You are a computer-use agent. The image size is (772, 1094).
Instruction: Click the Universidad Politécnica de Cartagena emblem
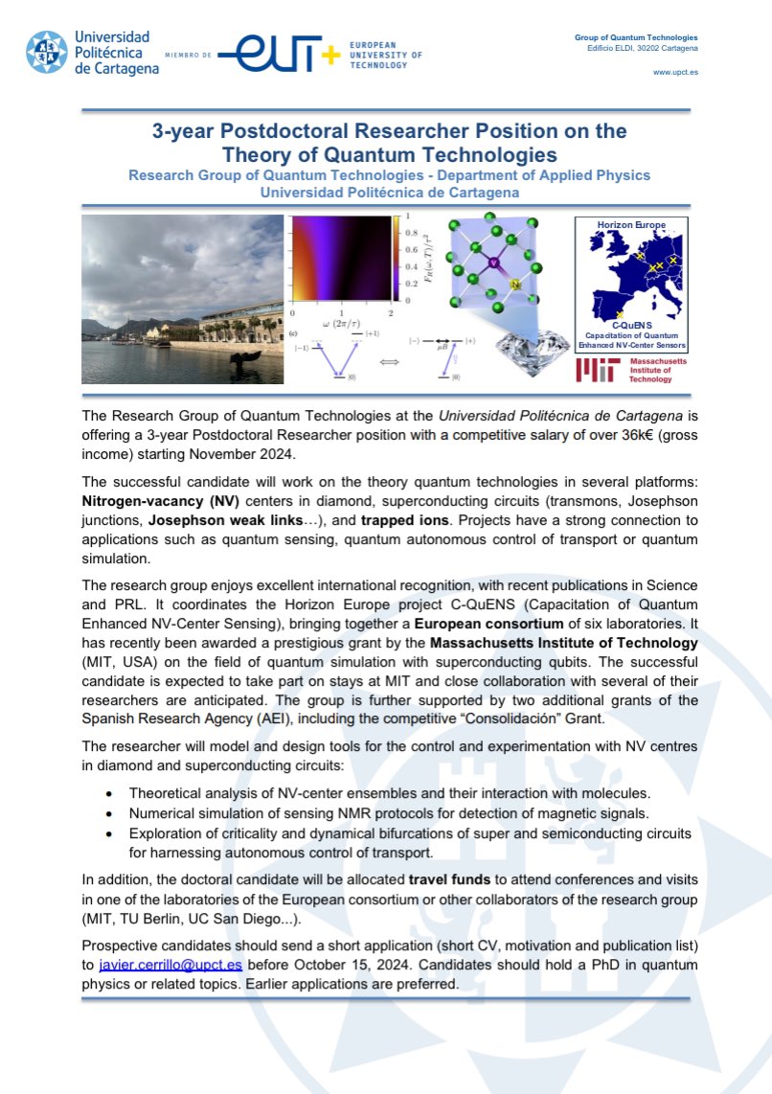pos(46,55)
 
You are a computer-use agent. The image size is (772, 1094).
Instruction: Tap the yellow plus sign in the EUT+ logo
pos(330,56)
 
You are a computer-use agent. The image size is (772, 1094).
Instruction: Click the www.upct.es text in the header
pos(675,73)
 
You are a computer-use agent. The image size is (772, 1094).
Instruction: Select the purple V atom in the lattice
pos(495,262)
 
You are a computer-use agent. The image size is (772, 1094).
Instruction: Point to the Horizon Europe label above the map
pos(631,225)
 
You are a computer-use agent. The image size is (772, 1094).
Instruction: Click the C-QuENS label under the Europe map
pos(631,325)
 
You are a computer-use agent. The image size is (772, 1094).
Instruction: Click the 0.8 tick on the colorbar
pos(410,233)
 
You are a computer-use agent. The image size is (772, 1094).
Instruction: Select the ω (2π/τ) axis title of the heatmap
pos(342,324)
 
